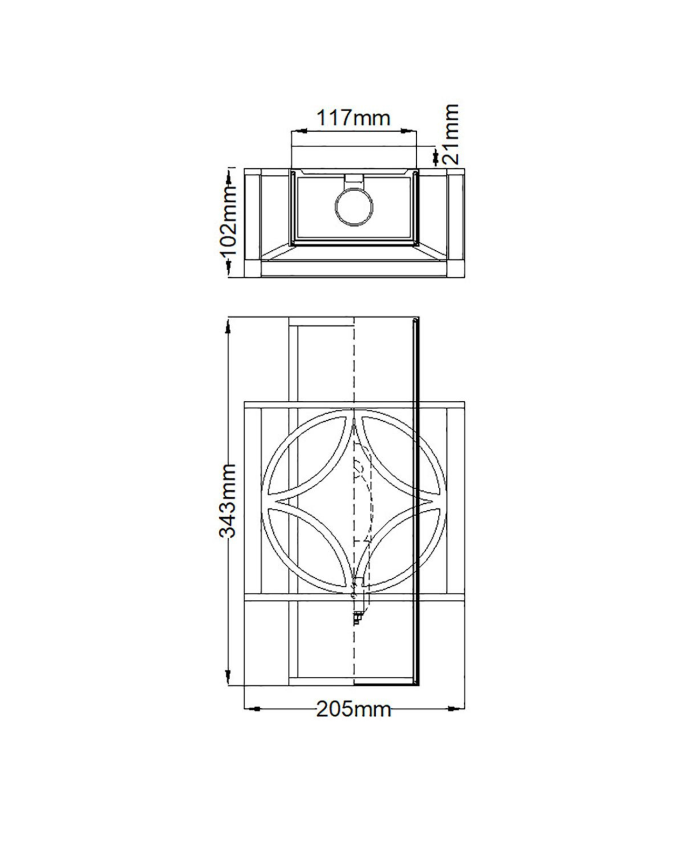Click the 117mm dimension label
pos(353,118)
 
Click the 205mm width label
pos(354,709)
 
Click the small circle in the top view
pos(354,207)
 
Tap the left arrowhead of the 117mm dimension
pos(299,131)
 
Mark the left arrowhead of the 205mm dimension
pos(253,709)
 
